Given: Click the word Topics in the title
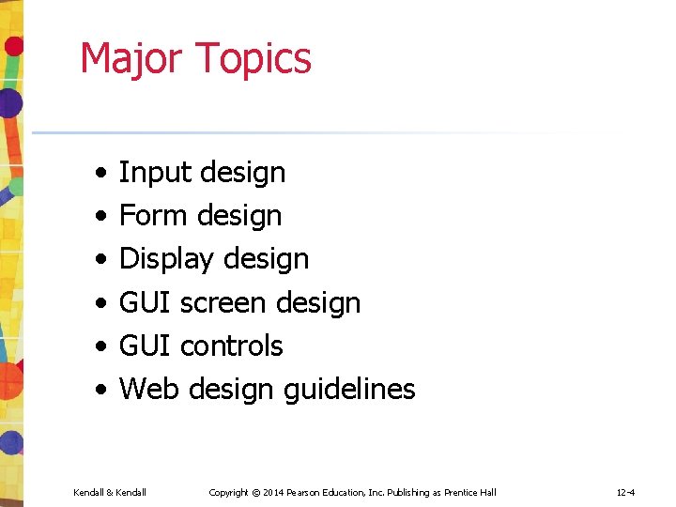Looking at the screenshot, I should [x=253, y=58].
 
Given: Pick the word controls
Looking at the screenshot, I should [x=231, y=346].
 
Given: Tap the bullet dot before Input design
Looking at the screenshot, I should [x=100, y=174].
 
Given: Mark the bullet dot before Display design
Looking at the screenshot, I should [x=100, y=260].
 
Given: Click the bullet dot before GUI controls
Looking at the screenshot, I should [x=100, y=346].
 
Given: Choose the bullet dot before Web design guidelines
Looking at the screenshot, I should [x=100, y=390].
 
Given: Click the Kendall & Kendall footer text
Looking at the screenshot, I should [x=110, y=493].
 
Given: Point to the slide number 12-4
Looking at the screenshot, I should [x=625, y=493].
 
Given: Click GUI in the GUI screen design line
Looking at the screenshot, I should [x=145, y=303].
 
